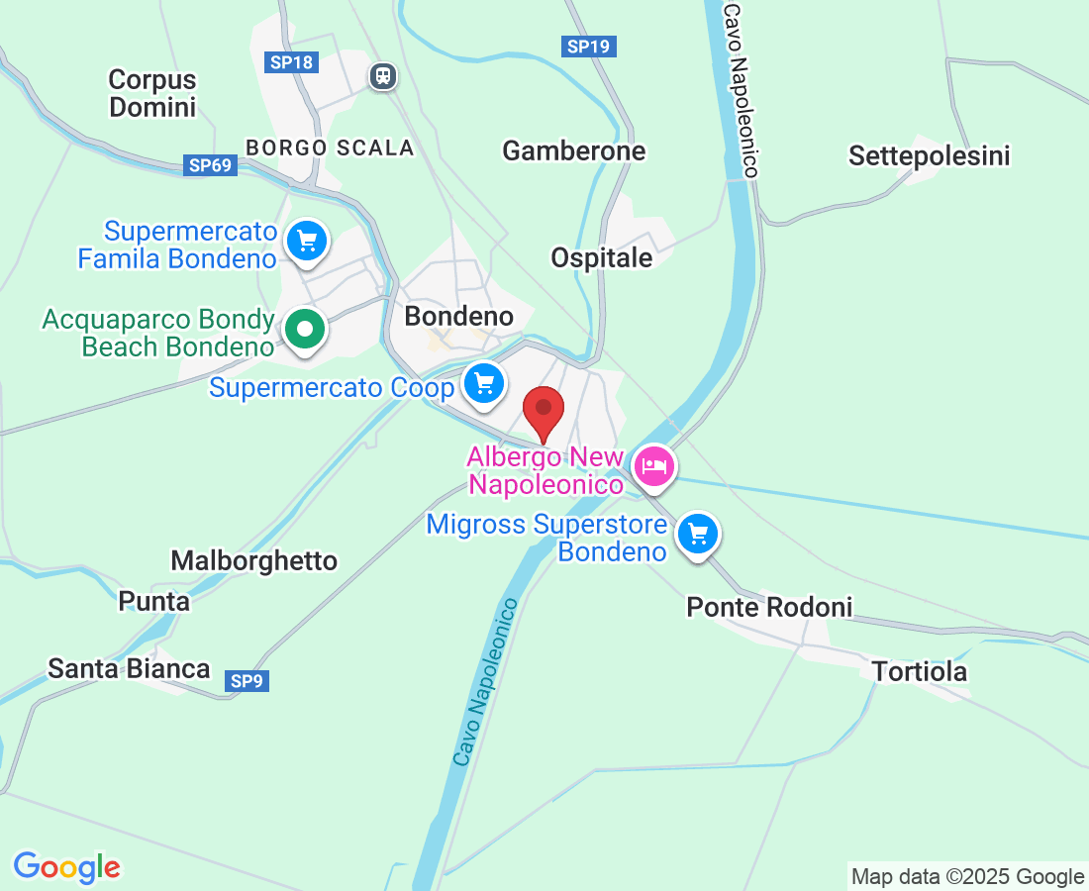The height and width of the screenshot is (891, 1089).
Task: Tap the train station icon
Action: tap(382, 75)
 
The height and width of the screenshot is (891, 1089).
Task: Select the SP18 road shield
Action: tap(291, 62)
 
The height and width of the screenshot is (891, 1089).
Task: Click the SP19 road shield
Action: tap(589, 46)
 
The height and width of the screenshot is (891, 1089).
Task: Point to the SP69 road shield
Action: tap(211, 165)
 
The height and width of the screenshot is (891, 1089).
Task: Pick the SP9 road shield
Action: tap(247, 681)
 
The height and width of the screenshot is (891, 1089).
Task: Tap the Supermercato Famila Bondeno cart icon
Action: tap(307, 241)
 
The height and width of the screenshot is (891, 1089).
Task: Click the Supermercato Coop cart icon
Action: tap(483, 383)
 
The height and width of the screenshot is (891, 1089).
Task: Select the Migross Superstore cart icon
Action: tap(698, 535)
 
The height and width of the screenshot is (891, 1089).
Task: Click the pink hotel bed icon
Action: tap(653, 463)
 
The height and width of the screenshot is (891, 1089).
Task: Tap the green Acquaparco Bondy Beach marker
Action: tap(306, 329)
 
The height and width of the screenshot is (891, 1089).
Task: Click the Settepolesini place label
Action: tap(929, 155)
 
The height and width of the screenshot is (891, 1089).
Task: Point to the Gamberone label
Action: tap(573, 150)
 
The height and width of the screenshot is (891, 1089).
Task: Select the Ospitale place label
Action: tap(602, 257)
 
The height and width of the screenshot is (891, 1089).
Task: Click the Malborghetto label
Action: tap(253, 560)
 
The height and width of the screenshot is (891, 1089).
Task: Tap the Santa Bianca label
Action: tap(129, 668)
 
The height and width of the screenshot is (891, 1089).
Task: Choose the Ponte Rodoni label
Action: tap(769, 606)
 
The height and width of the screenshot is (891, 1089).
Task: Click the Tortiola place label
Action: tap(919, 671)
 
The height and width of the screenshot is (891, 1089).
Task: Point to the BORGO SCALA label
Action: tap(330, 148)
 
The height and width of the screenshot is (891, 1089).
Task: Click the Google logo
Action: tap(67, 867)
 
